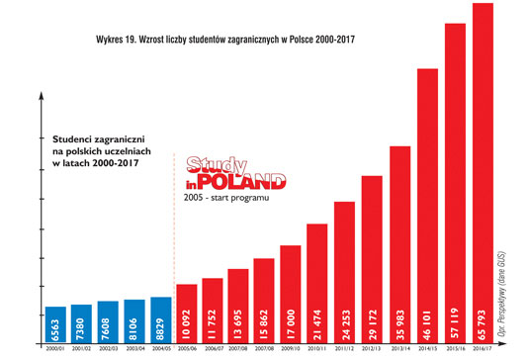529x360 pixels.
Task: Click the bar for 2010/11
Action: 317,282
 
